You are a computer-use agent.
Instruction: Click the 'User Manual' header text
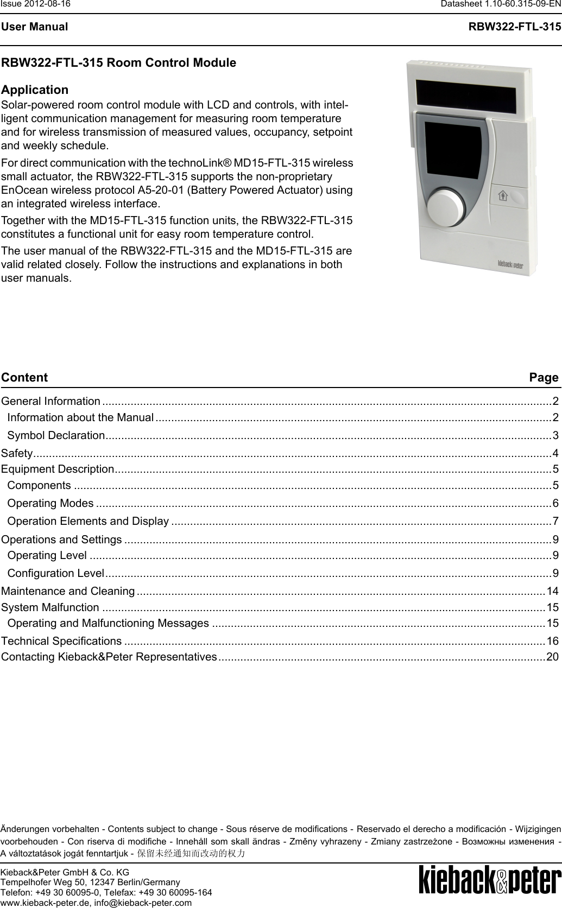click(x=34, y=27)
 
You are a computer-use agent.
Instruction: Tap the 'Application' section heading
click(x=35, y=90)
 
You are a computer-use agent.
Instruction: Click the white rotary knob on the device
click(x=446, y=207)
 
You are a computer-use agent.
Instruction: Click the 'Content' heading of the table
click(x=24, y=377)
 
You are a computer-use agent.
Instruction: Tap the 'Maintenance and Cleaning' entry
click(x=68, y=591)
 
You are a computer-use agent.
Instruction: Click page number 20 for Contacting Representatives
click(x=552, y=642)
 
